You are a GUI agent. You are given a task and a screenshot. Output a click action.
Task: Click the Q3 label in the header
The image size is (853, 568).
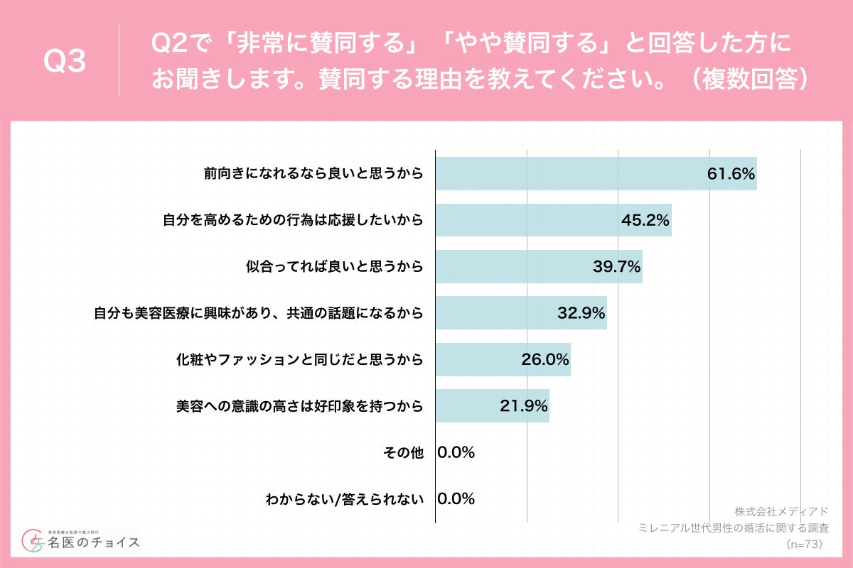[x=65, y=62]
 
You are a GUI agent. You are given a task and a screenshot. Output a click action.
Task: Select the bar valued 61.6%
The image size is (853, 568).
[x=596, y=174]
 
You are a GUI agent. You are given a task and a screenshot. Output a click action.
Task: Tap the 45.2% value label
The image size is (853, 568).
[x=645, y=220]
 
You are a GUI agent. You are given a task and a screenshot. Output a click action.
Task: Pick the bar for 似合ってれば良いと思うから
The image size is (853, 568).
[x=539, y=266]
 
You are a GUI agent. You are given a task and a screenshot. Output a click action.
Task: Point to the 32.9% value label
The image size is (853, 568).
[x=581, y=312]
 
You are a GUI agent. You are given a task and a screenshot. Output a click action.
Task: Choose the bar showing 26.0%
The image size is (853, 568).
[x=503, y=359]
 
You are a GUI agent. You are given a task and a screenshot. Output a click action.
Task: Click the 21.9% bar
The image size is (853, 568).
[x=492, y=405]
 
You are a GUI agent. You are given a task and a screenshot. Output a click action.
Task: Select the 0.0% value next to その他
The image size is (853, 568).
[x=456, y=452]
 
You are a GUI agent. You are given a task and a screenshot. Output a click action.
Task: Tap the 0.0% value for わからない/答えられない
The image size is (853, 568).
[x=456, y=498]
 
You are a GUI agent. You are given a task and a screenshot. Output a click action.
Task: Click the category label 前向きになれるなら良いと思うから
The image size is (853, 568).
[x=313, y=174]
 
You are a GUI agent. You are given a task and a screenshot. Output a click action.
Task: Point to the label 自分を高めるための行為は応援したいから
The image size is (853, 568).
[x=294, y=220]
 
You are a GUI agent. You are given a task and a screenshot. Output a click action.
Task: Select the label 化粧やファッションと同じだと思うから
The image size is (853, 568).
[x=300, y=359]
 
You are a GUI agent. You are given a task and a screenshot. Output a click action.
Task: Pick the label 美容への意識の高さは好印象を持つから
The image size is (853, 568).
[x=300, y=405]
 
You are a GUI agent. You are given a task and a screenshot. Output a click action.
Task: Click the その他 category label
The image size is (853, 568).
[x=403, y=452]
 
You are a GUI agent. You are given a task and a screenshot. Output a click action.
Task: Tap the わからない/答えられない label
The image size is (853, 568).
[x=345, y=498]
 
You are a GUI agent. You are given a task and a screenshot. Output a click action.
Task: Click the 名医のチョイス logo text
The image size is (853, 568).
[x=94, y=543]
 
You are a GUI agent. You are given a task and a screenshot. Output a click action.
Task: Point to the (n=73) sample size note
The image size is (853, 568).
[x=804, y=544]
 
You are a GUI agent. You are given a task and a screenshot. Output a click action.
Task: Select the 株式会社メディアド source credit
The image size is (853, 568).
[x=781, y=511]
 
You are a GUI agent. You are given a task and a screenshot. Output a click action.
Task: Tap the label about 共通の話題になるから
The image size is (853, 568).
[x=259, y=312]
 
